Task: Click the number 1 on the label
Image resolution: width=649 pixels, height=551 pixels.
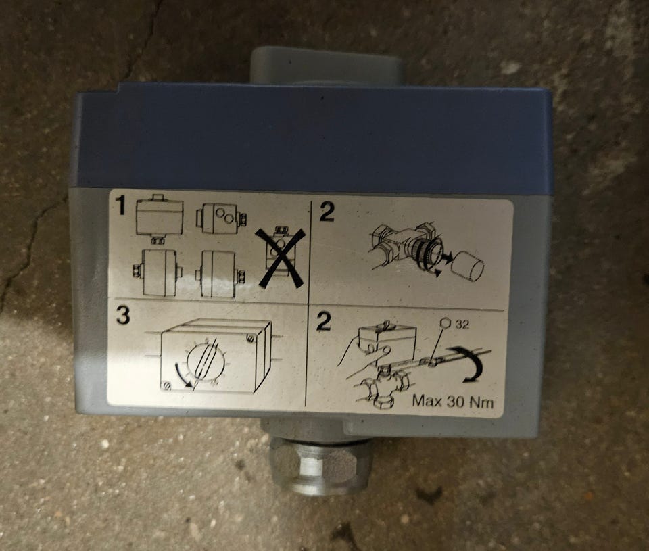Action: tap(120, 206)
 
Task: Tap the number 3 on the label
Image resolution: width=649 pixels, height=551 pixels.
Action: tap(123, 316)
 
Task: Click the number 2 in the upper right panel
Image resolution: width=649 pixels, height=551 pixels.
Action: tap(327, 212)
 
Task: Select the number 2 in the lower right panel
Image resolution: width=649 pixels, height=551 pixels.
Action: tap(324, 322)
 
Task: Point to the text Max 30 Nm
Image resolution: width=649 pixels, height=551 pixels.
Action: tap(453, 401)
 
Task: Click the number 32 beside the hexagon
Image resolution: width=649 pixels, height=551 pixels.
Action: tap(462, 325)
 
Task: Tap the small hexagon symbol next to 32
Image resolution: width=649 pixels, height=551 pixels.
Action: tap(446, 323)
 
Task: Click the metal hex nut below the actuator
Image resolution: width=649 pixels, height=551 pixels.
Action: tap(319, 465)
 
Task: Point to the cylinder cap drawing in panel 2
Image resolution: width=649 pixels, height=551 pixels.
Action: tap(468, 268)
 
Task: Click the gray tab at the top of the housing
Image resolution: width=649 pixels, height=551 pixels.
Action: tap(327, 65)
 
